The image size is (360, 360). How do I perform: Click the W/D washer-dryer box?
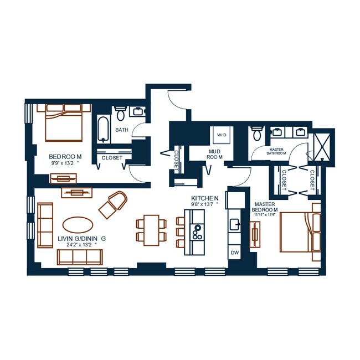222,135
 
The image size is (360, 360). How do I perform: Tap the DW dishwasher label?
235,253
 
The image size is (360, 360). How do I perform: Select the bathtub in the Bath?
103,130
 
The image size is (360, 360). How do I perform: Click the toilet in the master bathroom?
257,133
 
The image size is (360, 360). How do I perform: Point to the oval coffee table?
78,225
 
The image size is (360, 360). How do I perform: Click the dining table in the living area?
151,230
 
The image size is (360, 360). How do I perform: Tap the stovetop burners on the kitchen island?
197,232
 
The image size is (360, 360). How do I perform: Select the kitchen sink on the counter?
235,224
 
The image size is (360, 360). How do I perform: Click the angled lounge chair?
113,204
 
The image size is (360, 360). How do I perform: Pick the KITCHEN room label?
205,198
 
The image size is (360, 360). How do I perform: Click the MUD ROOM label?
215,155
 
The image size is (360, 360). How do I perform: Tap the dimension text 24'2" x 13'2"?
79,245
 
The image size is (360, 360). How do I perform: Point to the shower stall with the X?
322,147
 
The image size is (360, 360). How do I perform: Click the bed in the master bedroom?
300,232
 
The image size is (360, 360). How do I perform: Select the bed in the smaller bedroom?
64,122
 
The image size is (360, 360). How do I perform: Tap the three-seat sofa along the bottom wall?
80,257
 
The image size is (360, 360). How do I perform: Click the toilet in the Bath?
120,114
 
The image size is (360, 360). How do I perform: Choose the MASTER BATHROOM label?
276,151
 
